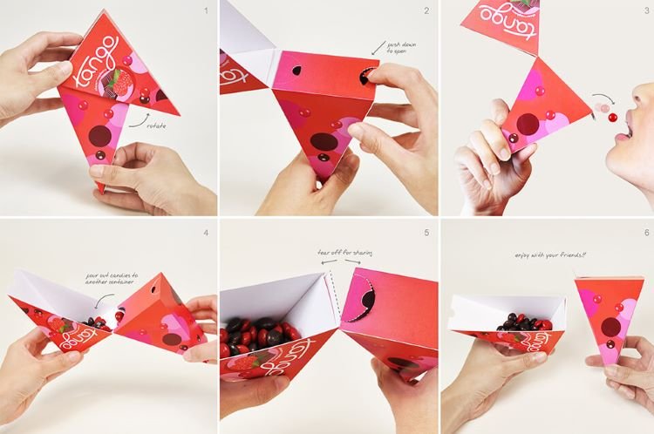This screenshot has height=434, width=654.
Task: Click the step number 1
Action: point(206,11)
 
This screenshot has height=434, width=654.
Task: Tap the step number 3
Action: point(644,11)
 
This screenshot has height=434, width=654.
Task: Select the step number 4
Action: point(206,233)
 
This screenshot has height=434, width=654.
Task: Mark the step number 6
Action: point(644,233)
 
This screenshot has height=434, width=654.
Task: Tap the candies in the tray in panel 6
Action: point(523,324)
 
